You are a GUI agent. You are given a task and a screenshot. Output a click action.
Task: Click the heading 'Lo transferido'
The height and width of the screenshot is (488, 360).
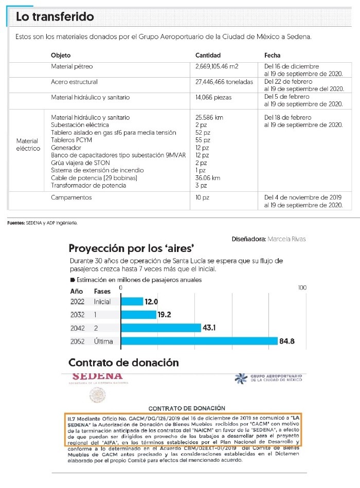coord(55,16)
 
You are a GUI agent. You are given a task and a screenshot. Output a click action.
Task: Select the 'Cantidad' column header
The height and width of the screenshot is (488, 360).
coord(208,55)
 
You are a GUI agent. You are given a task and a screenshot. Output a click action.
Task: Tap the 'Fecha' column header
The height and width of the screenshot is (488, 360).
coord(273,55)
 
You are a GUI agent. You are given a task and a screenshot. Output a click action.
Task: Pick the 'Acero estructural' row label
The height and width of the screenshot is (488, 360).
coord(74,82)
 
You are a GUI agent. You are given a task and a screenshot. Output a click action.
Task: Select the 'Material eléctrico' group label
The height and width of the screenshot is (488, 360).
coord(28,144)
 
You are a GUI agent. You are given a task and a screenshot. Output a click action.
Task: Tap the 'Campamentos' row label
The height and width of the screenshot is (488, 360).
coord(71,197)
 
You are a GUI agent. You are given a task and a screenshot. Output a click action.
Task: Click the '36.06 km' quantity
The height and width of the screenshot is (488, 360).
coord(207,177)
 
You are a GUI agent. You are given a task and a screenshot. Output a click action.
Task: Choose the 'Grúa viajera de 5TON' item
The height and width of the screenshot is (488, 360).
coord(81,162)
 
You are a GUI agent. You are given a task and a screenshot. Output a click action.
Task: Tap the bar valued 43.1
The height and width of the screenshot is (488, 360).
coord(160,328)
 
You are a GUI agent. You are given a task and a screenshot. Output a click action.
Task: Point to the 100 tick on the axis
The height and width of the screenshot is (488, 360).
coord(302,287)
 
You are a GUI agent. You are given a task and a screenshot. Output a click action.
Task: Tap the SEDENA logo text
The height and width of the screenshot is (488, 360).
coord(98,376)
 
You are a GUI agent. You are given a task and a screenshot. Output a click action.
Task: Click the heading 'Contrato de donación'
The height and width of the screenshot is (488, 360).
coord(123,363)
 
